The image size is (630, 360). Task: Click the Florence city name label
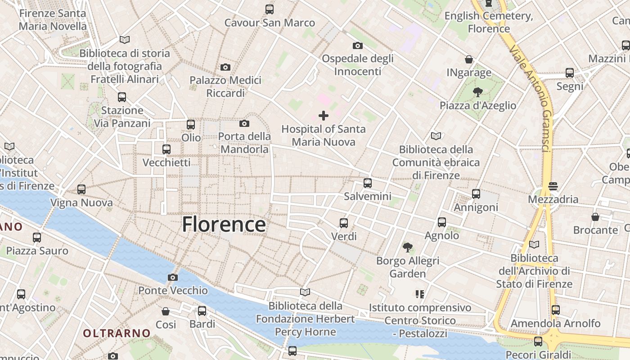coord(224,224)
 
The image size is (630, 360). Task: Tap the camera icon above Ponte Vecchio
coord(172,277)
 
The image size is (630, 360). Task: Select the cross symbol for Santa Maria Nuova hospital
coord(323,116)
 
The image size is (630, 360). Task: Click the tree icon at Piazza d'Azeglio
coord(477,92)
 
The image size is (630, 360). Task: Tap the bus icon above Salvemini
coord(368,183)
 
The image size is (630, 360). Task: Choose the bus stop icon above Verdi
coord(344,223)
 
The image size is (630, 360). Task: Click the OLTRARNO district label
coord(117,333)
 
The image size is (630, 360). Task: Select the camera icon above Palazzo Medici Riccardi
coord(225,67)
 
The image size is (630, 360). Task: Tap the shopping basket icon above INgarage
coord(469,59)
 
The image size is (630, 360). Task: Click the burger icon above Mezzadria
coord(553,186)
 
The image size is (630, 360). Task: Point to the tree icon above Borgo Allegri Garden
coord(408,247)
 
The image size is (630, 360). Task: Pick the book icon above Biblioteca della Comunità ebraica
coord(436,136)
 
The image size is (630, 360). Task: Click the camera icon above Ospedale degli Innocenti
coord(358,45)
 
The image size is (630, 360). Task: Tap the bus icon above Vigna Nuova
coord(81,189)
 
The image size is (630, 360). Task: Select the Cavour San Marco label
coord(270,22)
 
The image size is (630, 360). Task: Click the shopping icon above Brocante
coord(595,217)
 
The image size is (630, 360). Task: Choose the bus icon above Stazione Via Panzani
coord(121,97)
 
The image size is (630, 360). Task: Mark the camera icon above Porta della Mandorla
coord(244,123)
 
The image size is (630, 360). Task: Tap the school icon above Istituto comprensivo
coord(420,294)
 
